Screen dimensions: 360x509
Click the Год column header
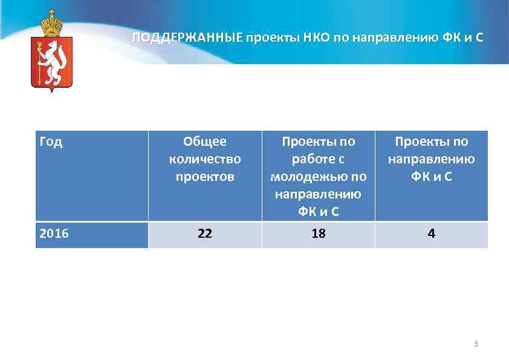coord(50,143)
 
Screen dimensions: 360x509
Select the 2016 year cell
coord(54,234)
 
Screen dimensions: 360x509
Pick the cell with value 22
coord(205,234)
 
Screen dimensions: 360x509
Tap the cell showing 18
coord(318,234)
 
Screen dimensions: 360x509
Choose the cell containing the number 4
coord(431,234)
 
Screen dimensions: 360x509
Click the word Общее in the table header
coord(205,142)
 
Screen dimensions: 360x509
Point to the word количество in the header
coord(205,159)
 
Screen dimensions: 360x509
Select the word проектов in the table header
coord(205,177)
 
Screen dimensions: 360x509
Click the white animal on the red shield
coord(53,61)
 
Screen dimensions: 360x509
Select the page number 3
coord(476,344)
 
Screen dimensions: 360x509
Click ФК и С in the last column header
coord(431,177)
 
